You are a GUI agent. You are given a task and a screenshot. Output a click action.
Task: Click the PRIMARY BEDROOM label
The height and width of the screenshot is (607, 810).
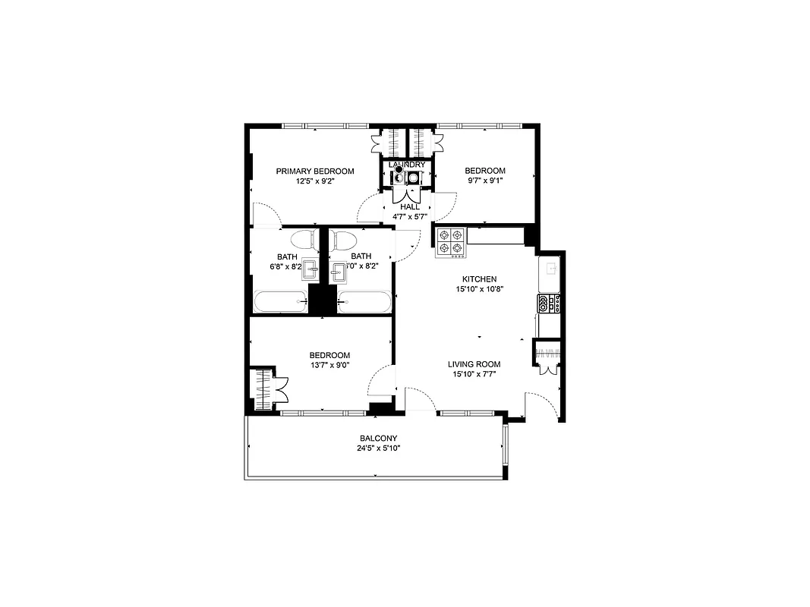coord(314,171)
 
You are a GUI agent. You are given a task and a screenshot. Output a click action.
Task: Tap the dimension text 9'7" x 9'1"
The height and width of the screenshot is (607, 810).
coord(485,181)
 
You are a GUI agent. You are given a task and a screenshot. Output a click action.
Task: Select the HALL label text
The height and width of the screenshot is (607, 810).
coord(410,206)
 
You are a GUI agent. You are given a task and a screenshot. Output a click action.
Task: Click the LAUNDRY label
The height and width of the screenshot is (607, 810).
coord(401,165)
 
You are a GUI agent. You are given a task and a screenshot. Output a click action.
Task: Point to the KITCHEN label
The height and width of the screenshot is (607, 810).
coord(479,279)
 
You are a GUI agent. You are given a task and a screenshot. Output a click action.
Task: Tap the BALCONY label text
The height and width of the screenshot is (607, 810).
coord(378,439)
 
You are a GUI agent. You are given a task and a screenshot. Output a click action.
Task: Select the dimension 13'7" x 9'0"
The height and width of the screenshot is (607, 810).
coord(329,365)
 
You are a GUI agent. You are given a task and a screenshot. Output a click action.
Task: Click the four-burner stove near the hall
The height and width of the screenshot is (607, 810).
coord(449,241)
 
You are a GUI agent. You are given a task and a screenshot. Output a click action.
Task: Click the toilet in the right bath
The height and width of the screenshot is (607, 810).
coord(343,241)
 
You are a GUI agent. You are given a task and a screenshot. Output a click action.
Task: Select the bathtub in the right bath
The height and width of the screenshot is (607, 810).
coord(364,301)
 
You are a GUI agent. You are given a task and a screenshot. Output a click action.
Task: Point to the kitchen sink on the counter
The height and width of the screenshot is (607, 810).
coord(549,269)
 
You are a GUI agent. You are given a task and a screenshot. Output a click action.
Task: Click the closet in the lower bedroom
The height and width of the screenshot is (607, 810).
coord(263,390)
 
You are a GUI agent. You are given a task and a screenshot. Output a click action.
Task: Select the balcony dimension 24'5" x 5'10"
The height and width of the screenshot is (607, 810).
coord(378,448)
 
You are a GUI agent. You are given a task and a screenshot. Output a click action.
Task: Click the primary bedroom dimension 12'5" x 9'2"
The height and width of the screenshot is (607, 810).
coord(314,181)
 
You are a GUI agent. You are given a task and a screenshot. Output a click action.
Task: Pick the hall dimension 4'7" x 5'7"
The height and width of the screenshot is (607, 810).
coord(410,216)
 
